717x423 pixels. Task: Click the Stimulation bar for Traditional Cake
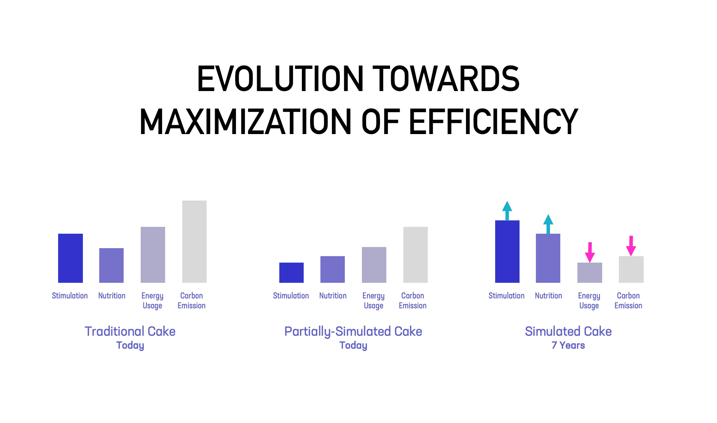70,258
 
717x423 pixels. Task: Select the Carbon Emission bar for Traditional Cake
194,242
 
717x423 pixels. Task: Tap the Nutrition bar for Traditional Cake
111,265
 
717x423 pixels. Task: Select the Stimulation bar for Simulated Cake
507,251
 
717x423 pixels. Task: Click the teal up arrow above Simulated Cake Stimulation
507,210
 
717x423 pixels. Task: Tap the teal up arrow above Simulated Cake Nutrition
548,224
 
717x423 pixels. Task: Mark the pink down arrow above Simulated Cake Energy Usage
590,252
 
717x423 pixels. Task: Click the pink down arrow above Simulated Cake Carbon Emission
631,246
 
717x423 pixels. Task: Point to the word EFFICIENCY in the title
493,122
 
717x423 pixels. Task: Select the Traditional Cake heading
130,331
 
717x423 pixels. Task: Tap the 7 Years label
568,345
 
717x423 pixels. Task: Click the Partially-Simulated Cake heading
353,331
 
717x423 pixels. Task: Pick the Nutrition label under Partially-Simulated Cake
333,296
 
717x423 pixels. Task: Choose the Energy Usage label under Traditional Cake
152,300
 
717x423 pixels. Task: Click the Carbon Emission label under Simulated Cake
628,300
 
